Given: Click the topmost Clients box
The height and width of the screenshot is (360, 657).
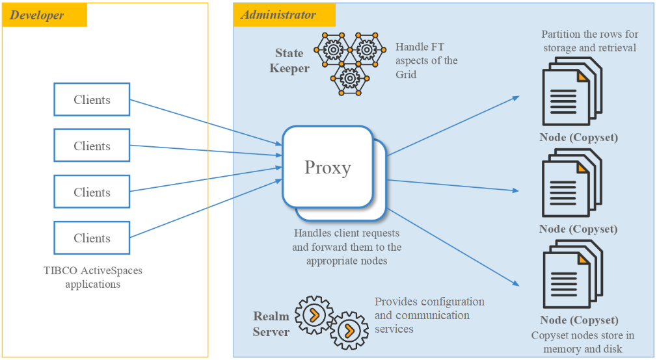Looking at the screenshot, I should point(92,99).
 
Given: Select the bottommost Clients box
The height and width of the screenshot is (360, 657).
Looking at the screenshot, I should point(92,238).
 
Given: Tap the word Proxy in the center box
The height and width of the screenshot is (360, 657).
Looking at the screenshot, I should point(328,168).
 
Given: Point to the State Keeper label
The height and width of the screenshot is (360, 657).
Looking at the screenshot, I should point(289,60).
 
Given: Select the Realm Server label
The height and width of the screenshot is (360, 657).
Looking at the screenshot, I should point(271,324).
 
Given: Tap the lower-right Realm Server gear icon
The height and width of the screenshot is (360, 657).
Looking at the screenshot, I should point(349,331).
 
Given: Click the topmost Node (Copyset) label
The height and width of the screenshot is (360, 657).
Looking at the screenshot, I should point(578,138).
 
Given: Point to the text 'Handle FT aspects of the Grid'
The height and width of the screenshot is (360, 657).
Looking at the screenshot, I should point(426,60).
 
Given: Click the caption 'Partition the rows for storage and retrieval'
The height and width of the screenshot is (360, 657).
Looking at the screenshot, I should point(588,40).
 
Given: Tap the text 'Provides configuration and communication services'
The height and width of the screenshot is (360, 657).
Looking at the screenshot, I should point(429,315).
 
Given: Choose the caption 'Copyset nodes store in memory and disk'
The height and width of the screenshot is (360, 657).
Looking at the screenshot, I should point(582,342).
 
